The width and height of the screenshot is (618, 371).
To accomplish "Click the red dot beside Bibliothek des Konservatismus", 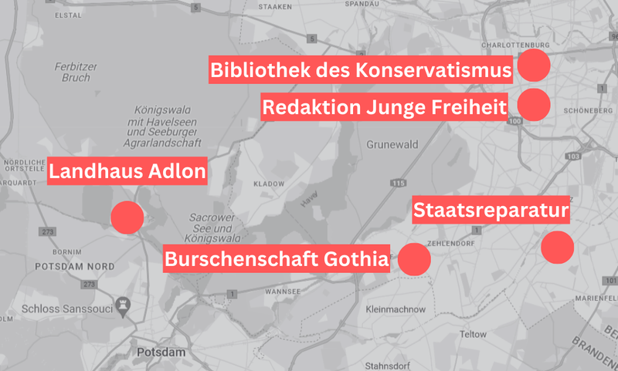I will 534,66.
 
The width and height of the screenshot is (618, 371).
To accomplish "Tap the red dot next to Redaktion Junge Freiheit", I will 534,104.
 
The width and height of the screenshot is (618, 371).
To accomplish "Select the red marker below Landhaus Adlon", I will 127,218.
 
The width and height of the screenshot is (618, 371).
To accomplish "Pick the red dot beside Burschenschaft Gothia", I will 414,258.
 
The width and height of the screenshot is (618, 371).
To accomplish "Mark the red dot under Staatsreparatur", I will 557,248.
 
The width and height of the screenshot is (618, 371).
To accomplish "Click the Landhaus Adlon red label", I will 128,171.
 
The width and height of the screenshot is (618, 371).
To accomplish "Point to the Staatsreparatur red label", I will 491,211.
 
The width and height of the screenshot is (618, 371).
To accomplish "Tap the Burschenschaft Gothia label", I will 276,259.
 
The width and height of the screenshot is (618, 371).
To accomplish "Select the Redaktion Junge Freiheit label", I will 384,107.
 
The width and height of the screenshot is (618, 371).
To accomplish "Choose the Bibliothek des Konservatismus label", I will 361,70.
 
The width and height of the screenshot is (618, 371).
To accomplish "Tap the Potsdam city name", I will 161,352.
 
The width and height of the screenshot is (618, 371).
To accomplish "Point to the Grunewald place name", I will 392,143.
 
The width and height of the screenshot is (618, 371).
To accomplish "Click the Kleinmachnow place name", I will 395,309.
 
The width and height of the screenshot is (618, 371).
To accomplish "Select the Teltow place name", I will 473,335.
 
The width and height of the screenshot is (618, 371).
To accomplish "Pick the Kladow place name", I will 269,185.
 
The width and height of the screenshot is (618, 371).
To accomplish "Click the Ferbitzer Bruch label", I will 72,72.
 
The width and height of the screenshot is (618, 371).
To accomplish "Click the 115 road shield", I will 398,183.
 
